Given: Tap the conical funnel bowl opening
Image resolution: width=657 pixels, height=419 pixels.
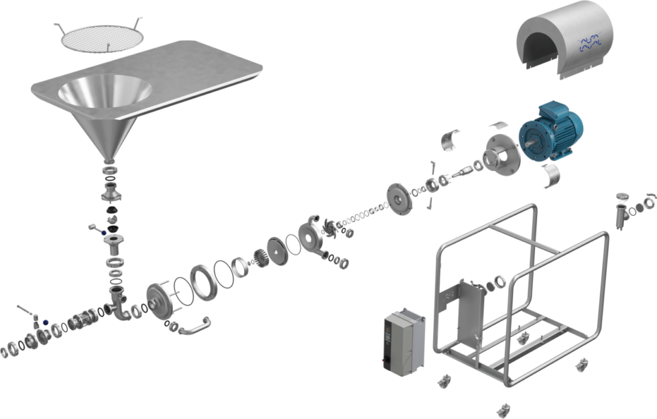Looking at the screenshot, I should coord(105,94).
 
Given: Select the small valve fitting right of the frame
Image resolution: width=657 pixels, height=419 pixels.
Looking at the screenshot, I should coord(622,211).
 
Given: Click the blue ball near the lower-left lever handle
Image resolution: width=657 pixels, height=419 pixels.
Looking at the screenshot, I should coord(46,323).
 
